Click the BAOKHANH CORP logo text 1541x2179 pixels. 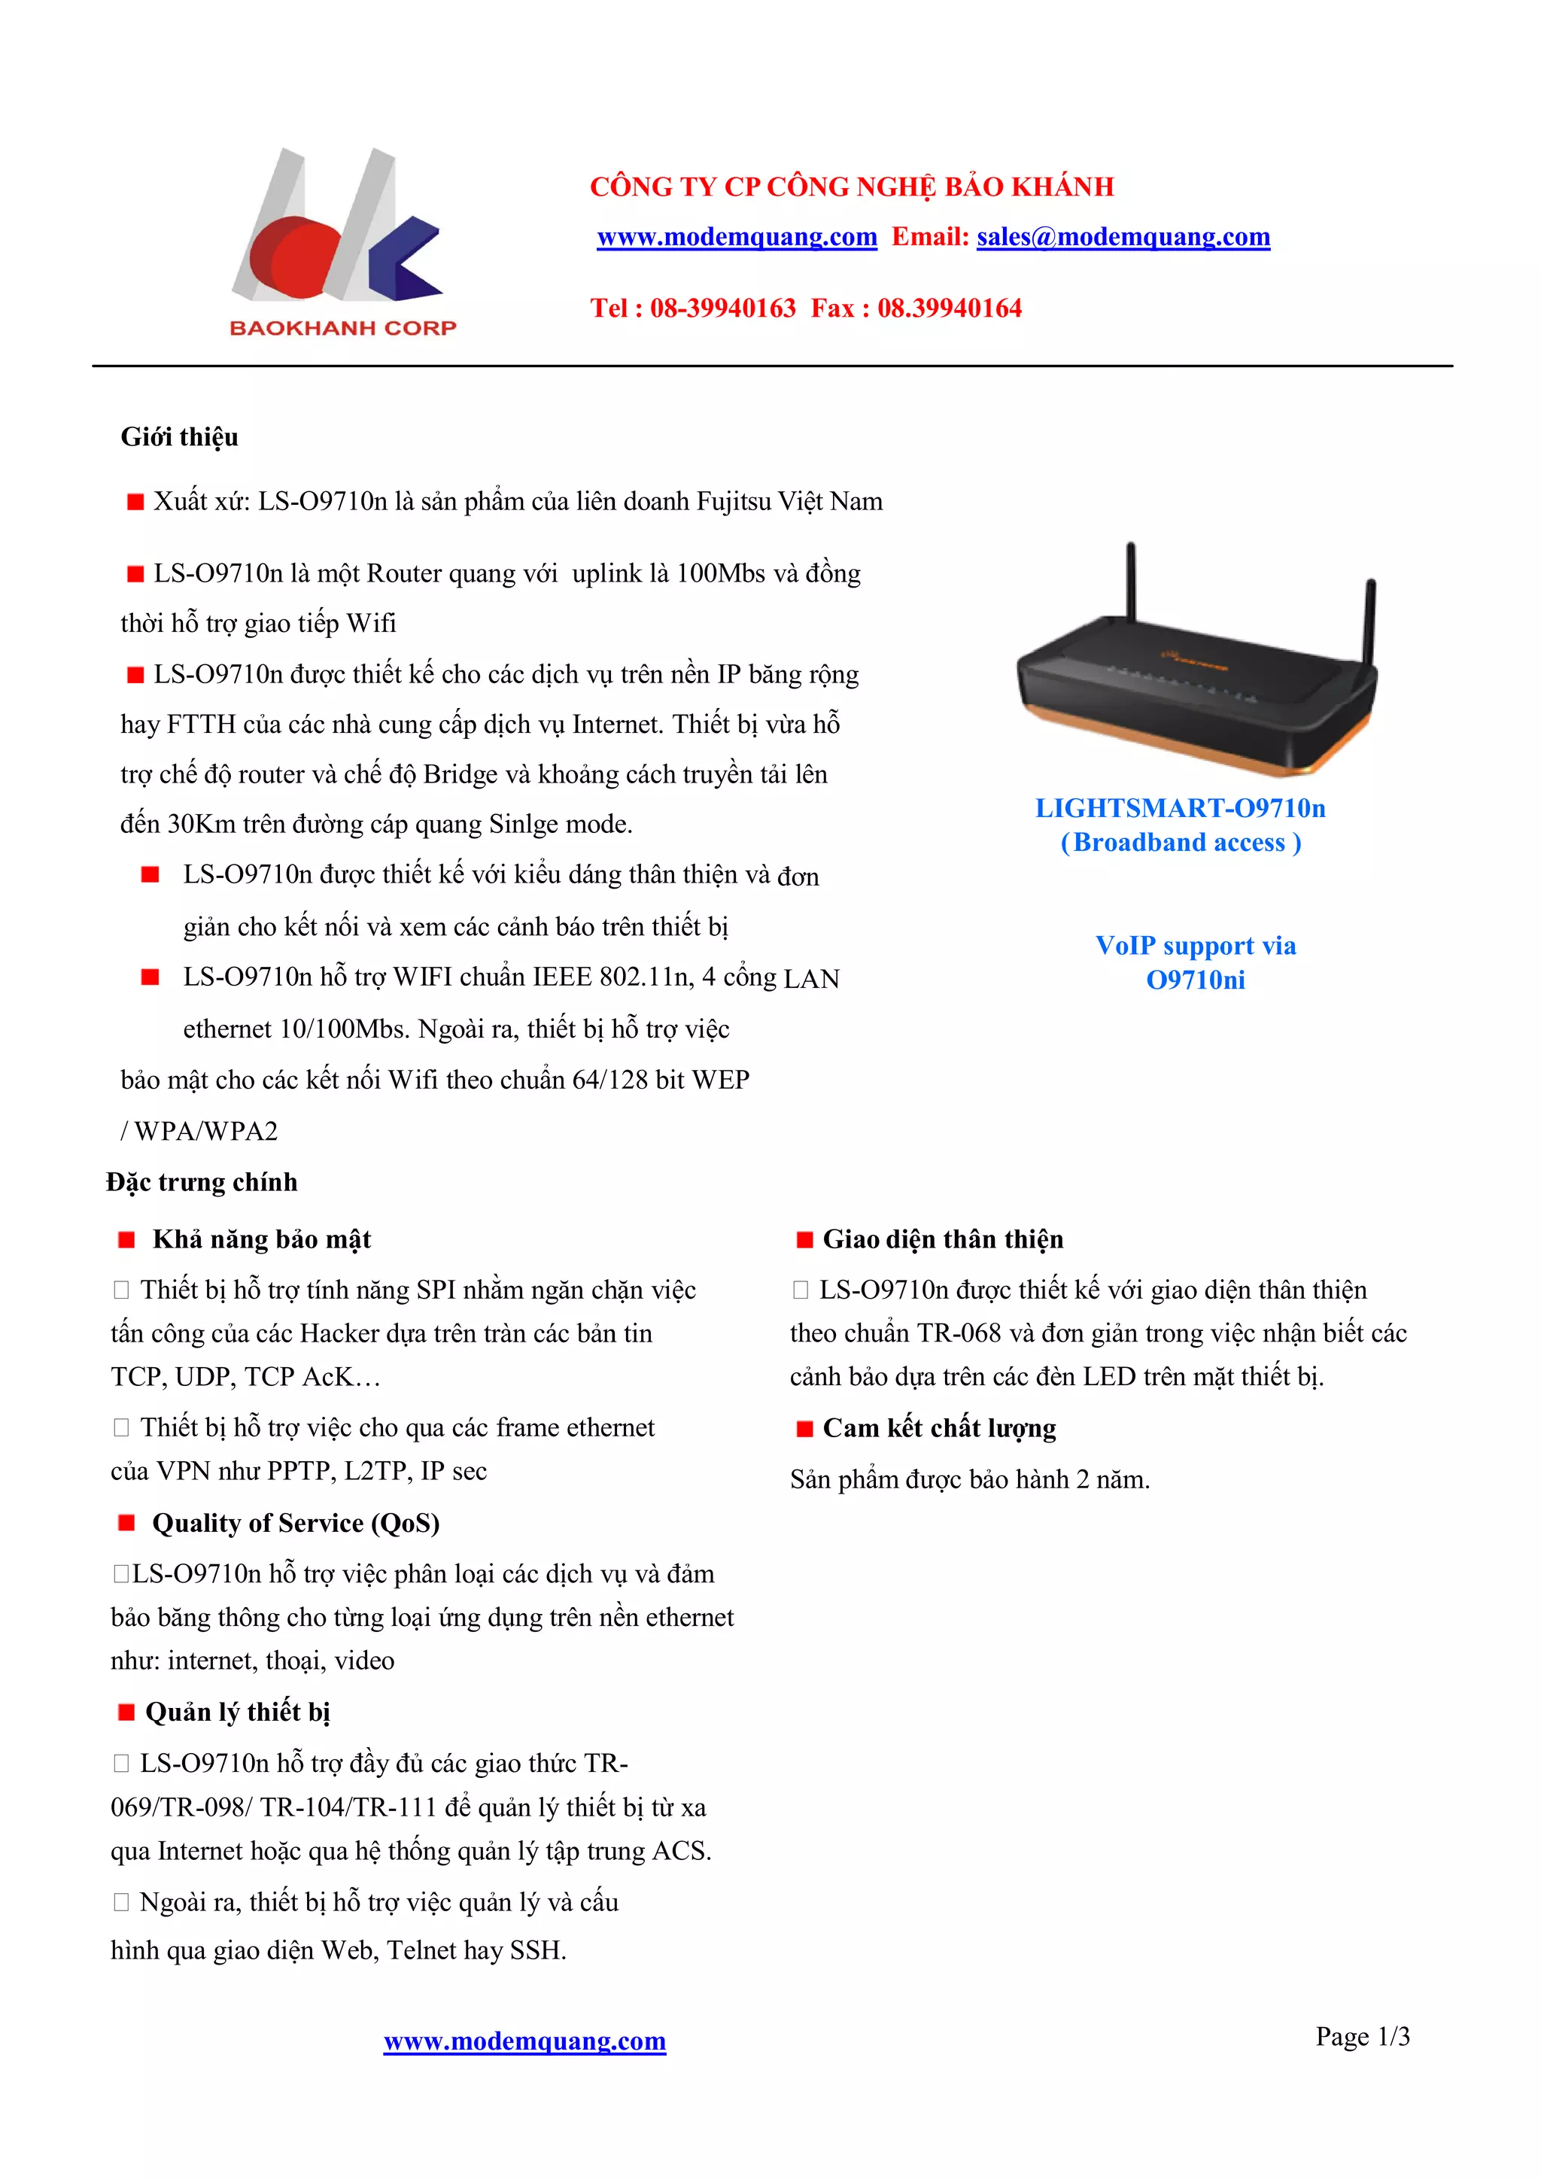coord(342,328)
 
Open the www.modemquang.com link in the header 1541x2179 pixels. coord(737,237)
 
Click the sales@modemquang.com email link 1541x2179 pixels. coord(1123,237)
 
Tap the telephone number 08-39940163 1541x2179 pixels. coord(722,308)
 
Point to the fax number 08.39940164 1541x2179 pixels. coord(949,308)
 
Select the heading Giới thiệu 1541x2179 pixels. coord(179,437)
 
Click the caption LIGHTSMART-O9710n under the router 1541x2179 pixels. coord(1180,809)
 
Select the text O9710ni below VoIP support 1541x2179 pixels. coord(1195,980)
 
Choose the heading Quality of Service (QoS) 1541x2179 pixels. coord(295,1523)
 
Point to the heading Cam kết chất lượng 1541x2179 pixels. coord(938,1428)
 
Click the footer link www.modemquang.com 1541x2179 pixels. coord(524,2041)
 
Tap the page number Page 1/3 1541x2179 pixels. coord(1362,2037)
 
